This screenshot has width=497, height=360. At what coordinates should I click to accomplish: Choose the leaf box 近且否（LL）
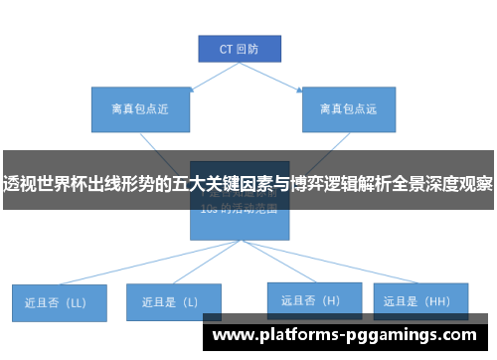click(x=59, y=301)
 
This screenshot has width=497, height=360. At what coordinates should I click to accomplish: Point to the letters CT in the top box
click(x=225, y=48)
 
